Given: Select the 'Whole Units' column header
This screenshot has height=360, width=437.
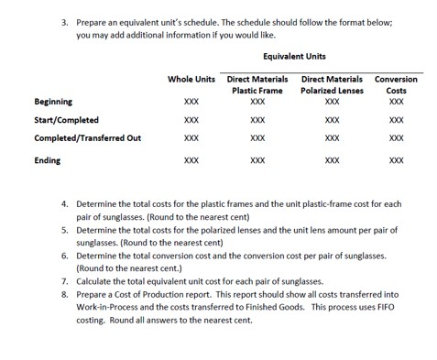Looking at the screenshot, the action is pos(191,79).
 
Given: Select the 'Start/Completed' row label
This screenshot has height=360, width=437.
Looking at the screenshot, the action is pos(66,119).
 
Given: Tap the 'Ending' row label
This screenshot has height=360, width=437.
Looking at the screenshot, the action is pos(48,160).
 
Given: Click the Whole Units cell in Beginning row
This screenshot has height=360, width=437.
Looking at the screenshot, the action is pos(191,102).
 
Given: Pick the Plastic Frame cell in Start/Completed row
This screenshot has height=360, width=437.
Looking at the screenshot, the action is pos(257,119).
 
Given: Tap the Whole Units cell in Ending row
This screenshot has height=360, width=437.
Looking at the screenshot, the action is pos(191,160).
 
